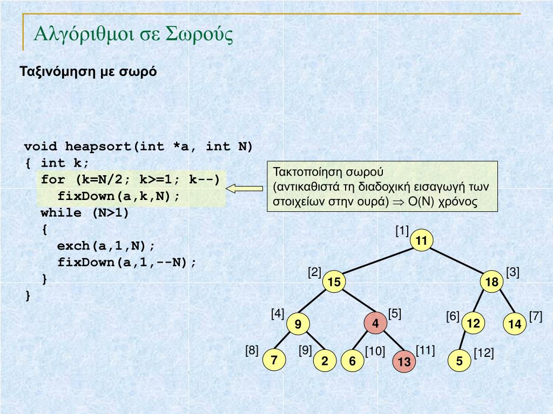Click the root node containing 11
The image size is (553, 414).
422,241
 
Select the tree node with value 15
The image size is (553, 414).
334,282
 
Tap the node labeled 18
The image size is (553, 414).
491,282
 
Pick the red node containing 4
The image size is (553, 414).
375,323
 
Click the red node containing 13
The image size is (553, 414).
404,362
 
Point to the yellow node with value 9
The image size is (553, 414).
298,323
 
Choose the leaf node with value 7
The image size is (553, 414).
274,360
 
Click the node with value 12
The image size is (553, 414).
474,323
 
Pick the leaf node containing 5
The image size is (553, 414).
459,361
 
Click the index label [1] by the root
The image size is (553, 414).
402,231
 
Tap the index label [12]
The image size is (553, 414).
484,353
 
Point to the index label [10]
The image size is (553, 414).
375,351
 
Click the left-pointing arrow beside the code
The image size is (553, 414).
244,188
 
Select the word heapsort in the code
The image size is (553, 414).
99,147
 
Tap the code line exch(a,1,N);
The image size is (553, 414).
106,246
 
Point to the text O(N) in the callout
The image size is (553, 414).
421,203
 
